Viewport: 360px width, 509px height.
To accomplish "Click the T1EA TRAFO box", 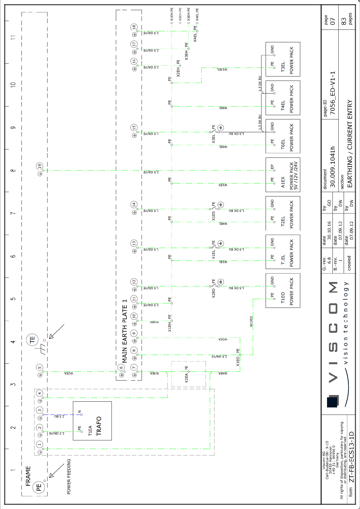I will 92,421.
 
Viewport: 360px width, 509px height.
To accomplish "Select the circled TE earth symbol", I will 32,340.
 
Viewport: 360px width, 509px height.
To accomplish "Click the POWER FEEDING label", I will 69,477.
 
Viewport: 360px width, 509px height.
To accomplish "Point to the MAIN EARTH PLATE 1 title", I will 125,331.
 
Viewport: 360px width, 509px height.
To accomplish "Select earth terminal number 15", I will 134,128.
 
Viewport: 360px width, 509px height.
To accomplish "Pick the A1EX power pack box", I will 283,175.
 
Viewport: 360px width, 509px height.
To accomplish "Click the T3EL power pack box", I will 283,59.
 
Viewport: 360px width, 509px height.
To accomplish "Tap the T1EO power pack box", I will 283,290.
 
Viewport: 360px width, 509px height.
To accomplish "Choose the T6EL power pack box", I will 283,136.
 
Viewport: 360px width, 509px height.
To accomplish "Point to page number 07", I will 333,21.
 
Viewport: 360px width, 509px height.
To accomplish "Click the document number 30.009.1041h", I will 333,167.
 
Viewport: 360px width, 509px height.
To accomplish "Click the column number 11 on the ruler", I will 13,37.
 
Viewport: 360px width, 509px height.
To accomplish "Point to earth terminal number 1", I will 40,444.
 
